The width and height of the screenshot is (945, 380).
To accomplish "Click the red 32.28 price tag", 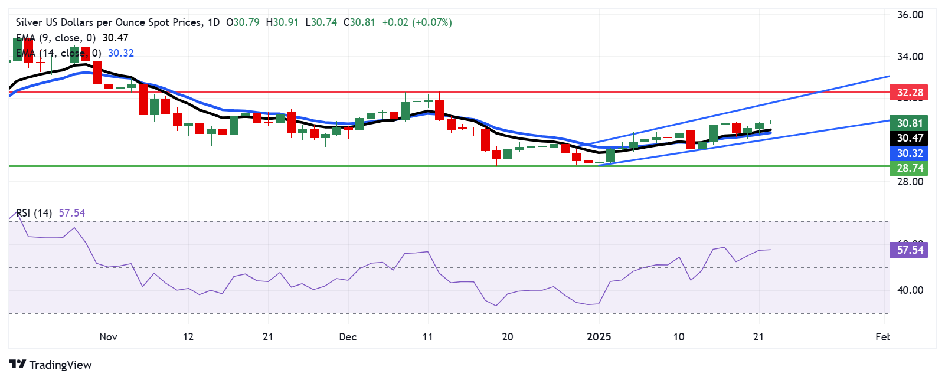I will tap(910, 93).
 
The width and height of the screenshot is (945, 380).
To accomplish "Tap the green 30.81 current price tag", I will tap(910, 123).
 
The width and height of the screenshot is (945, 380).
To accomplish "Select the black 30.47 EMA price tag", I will tap(910, 138).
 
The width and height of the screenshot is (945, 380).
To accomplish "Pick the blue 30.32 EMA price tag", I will tap(910, 153).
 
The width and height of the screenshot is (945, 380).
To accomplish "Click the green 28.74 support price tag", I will tap(910, 168).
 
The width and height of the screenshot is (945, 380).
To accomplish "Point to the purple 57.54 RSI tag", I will tap(910, 250).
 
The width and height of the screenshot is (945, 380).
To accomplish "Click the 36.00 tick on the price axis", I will tap(910, 15).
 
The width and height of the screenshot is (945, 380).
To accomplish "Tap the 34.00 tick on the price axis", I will tap(910, 57).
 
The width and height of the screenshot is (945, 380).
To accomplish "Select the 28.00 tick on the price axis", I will tap(910, 182).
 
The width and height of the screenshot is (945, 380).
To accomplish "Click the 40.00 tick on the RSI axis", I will tap(910, 290).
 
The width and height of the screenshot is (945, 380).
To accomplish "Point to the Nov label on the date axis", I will tap(108, 337).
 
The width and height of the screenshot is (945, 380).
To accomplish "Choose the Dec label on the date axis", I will tap(348, 337).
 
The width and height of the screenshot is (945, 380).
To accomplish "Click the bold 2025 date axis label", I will tap(599, 337).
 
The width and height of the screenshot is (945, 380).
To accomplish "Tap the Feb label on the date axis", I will tap(882, 337).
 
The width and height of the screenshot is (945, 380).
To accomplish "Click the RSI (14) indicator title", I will tap(34, 213).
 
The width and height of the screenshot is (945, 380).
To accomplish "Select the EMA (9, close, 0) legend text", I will tap(55, 38).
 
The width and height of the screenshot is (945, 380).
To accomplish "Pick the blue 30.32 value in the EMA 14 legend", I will tap(121, 53).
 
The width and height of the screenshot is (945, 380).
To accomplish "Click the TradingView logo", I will tap(51, 365).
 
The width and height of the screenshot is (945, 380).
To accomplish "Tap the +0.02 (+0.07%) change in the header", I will tap(417, 22).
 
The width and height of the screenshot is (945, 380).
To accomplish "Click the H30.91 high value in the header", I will tap(282, 22).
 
